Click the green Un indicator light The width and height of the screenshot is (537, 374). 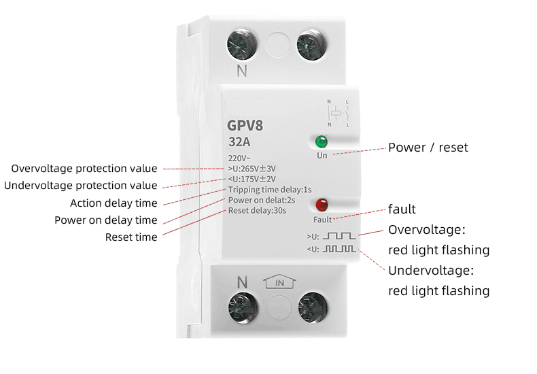pos(320,143)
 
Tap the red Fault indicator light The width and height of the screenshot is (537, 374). pos(322,204)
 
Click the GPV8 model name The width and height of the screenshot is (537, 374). pos(244,126)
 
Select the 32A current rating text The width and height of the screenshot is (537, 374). pos(239,143)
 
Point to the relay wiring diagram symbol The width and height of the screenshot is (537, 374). pos(338,114)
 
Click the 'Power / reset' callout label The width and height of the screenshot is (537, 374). pos(428,148)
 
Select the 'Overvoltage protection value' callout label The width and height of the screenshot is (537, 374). pos(84,169)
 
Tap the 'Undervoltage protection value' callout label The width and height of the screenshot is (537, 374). pos(81,186)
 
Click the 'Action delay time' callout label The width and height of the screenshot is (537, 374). pos(114,203)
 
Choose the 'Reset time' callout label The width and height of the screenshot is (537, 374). pos(131,237)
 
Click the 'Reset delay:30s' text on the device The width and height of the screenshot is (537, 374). pos(257,211)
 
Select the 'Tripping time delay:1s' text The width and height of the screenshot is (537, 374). pos(270,190)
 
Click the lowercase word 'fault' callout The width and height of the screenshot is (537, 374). pos(402,209)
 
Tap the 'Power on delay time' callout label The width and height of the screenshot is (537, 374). pos(105,220)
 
